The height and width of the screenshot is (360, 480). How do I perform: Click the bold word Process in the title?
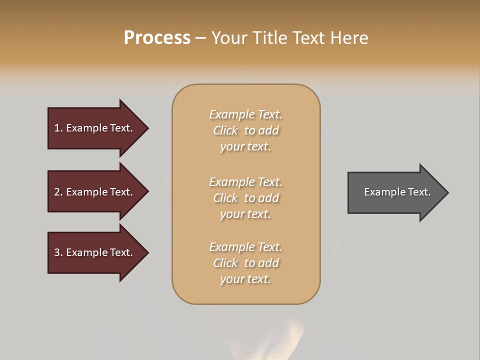pos(157,38)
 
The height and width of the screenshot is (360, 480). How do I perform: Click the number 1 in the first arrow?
pos(57,128)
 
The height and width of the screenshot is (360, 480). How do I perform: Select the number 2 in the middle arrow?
pos(57,192)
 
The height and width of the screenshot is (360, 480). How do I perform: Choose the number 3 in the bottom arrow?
pos(57,252)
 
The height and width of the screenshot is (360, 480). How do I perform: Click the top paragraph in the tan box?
pos(245,130)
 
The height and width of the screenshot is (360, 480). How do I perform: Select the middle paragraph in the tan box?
pos(245,198)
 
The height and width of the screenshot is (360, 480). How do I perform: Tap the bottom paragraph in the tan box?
pos(245,263)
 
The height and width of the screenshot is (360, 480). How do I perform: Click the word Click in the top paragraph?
pos(225,130)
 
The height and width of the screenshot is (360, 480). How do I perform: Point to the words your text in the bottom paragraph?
pos(245,279)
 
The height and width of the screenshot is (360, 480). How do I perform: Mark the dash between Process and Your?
pos(200,38)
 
